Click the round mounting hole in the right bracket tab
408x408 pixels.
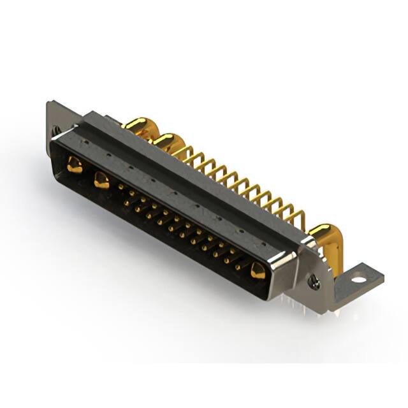(x=359, y=278)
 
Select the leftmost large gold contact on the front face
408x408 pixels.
(x=75, y=166)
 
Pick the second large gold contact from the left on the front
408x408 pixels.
(x=101, y=180)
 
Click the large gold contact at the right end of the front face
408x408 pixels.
(x=258, y=271)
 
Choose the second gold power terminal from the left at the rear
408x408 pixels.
(x=167, y=141)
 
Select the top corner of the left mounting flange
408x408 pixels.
(x=49, y=103)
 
